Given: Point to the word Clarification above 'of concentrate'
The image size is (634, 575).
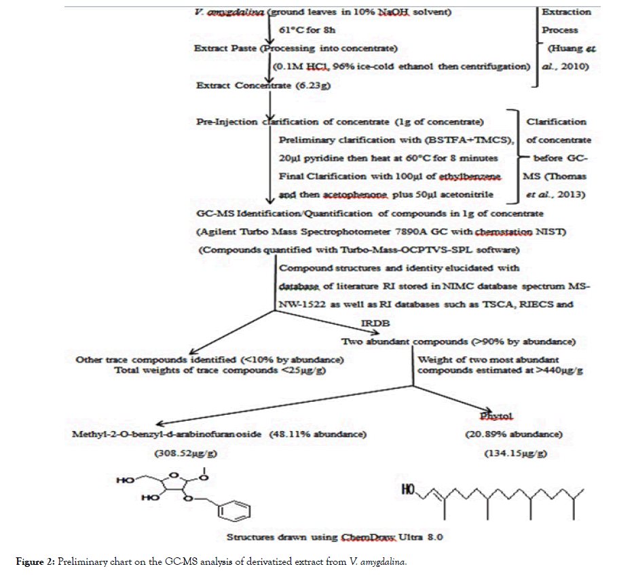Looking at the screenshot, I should point(556,122).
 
